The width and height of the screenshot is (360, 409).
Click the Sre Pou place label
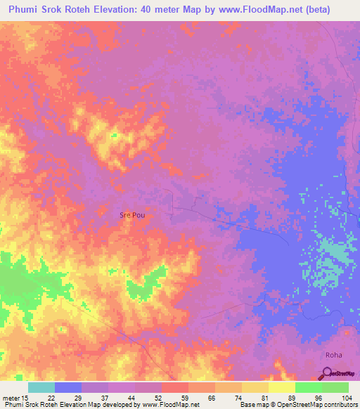[132, 215]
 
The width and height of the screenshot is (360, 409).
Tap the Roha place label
[334, 356]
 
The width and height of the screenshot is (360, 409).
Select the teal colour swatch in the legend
[41, 387]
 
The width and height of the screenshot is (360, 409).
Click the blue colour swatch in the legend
[68, 387]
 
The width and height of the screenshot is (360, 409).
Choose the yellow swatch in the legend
[282, 387]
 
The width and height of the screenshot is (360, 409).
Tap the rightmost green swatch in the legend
[335, 387]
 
